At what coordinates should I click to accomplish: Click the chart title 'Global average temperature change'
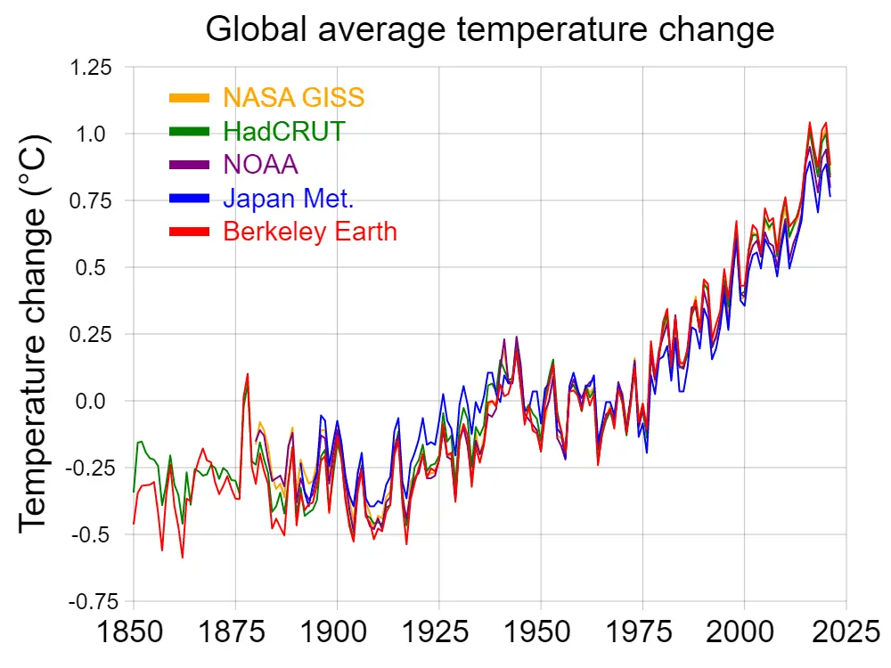490,29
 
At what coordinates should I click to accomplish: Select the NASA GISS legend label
294,97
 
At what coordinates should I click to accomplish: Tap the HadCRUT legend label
283,131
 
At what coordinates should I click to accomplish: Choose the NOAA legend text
260,165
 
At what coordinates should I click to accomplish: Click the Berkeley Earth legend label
310,232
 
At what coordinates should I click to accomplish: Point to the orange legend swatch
190,97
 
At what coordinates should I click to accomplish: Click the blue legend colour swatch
190,198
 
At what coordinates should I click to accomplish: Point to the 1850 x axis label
134,635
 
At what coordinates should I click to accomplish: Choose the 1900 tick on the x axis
337,635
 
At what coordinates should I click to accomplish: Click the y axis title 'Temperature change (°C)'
34,334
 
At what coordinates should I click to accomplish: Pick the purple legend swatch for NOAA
190,165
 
